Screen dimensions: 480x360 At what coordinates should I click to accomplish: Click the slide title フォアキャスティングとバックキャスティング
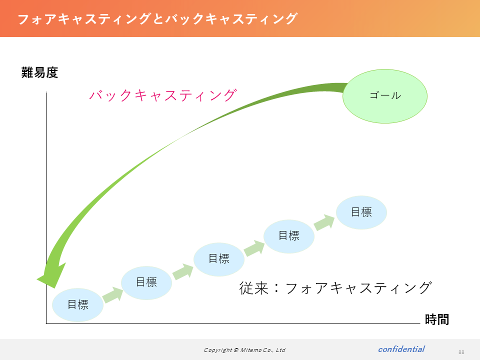tap(157, 19)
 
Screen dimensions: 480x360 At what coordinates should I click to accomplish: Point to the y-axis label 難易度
tap(40, 73)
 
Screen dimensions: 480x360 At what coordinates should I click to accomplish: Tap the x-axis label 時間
tap(437, 319)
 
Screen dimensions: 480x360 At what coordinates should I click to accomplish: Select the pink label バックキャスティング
tap(163, 95)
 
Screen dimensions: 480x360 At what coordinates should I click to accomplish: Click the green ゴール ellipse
tap(385, 96)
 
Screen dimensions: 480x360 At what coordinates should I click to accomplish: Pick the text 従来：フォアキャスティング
tap(335, 288)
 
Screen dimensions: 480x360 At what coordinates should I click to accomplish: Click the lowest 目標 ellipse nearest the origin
tap(78, 305)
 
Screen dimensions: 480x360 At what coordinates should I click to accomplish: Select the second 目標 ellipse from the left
tap(146, 282)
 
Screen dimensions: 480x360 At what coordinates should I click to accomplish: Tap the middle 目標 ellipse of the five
tap(219, 259)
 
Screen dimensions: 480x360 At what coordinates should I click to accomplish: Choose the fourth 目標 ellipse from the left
tap(289, 236)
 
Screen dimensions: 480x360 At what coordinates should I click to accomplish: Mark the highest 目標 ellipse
tap(361, 212)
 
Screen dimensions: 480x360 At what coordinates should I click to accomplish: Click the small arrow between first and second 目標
tap(112, 295)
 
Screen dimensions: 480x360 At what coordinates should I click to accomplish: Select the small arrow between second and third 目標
tap(183, 271)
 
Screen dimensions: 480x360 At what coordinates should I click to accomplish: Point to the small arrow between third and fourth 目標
tap(254, 248)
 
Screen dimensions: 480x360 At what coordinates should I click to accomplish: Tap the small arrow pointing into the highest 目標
tap(324, 222)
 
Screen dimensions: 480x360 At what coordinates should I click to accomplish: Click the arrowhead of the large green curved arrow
tap(50, 276)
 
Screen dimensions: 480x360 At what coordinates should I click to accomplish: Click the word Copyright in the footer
tap(218, 350)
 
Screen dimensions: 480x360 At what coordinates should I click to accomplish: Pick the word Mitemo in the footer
tap(250, 350)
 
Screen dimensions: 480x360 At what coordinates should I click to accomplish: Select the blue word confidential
tap(401, 349)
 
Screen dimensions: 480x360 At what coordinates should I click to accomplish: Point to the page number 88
tap(461, 352)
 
